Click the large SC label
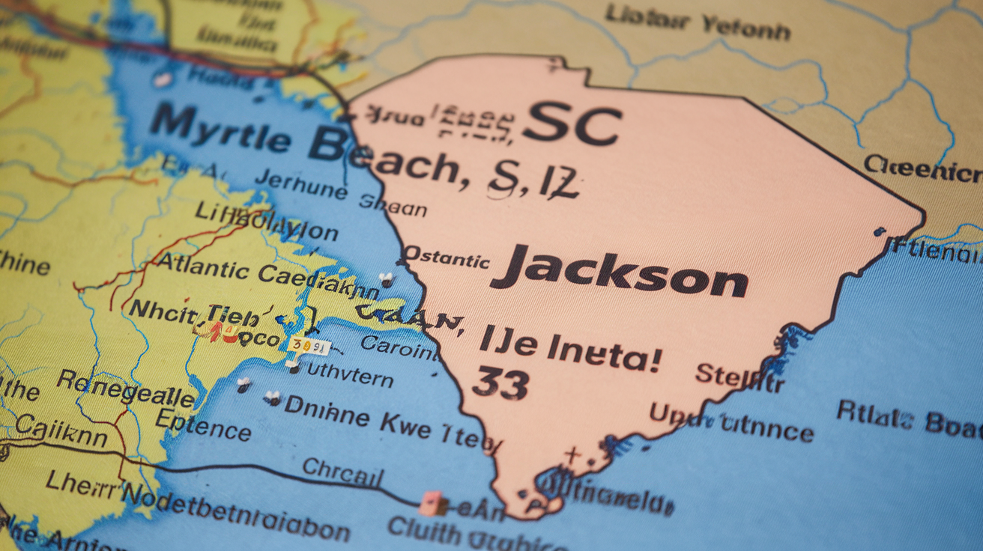tap(572, 124)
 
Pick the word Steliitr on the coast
tap(739, 377)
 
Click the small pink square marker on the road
tap(431, 503)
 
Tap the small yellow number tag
tap(309, 345)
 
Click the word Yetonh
tap(745, 28)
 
